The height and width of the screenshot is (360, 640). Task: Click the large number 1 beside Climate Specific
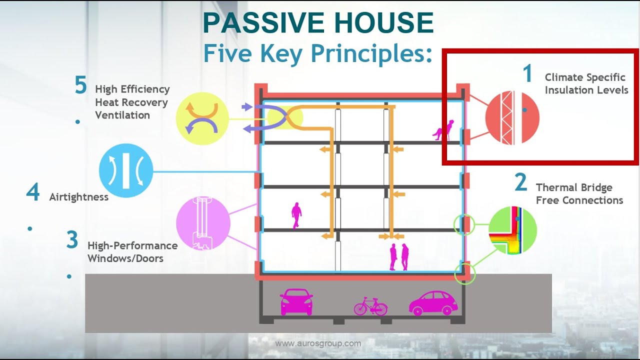pos(527,74)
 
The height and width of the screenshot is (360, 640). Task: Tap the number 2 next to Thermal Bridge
pos(521,183)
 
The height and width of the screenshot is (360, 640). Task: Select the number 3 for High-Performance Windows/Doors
pos(72,240)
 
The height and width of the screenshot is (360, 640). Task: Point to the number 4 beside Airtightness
pos(33,192)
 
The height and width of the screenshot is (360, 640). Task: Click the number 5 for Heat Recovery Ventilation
pos(80,85)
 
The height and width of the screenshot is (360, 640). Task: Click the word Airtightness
pos(78,197)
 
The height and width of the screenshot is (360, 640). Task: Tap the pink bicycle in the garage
pos(370,305)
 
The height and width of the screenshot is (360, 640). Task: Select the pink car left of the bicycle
pos(296,302)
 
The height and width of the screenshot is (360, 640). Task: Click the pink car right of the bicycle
pos(433,302)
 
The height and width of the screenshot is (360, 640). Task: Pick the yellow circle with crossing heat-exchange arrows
pos(202,118)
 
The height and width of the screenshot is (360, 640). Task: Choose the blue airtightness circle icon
pos(125,171)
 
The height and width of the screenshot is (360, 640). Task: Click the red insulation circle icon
pos(512,118)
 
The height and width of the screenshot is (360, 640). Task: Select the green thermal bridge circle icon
pos(512,230)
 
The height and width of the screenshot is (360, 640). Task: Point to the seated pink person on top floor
pos(443,130)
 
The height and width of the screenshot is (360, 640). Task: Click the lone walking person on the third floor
pos(296,215)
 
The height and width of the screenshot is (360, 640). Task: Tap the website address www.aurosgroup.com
pos(318,343)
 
